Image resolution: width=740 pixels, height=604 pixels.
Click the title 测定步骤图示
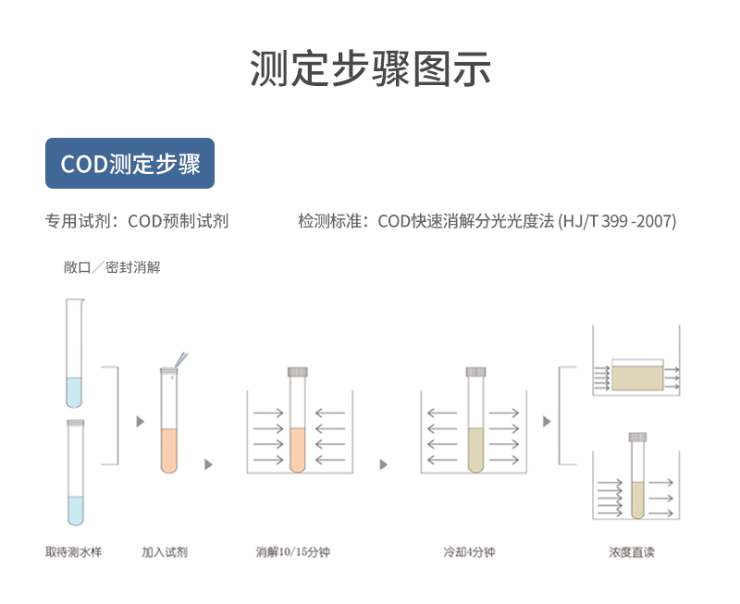click(370, 69)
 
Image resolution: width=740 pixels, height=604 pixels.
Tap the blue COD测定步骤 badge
click(129, 164)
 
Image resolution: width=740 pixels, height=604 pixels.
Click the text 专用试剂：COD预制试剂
click(137, 221)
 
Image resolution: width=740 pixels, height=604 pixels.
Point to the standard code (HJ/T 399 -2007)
click(617, 221)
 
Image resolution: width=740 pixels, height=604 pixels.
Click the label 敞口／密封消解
click(112, 267)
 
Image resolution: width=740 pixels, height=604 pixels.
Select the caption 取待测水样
click(73, 552)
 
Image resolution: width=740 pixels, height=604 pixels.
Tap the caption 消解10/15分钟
click(293, 552)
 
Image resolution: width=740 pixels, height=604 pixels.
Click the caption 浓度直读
click(632, 552)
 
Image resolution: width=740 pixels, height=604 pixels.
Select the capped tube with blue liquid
click(75, 476)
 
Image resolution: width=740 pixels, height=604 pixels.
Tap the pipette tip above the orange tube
click(181, 359)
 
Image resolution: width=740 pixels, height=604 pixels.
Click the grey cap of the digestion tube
click(297, 371)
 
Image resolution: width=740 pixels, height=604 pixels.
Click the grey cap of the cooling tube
click(475, 371)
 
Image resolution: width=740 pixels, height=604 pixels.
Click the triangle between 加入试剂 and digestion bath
click(208, 464)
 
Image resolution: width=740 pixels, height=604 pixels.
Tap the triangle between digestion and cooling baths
click(383, 464)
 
